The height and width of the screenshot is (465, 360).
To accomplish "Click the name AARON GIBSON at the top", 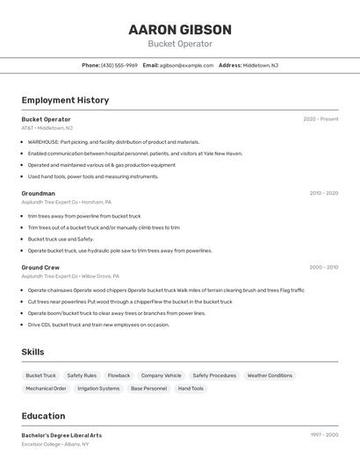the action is coord(180,29).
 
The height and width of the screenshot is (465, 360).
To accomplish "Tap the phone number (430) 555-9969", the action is coord(119,65).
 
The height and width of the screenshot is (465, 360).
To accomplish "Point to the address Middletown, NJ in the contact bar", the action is coord(260,65).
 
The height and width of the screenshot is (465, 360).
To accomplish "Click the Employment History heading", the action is coord(65,100).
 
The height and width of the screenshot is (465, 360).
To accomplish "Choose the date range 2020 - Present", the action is coord(320,119).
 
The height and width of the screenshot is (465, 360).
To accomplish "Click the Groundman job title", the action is coord(39,193).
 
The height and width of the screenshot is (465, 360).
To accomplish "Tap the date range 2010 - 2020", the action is coord(323,193).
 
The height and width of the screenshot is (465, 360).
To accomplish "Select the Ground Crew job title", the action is coord(40,267).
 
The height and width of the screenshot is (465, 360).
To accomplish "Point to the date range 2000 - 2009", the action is coord(323,267).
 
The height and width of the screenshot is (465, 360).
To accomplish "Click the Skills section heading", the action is coord(32,352).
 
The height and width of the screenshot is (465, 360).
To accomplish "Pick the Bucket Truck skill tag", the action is coord(40,376).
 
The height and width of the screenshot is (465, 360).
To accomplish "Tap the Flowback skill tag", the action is coord(119,376).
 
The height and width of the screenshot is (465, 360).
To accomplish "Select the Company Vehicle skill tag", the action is coord(161,376).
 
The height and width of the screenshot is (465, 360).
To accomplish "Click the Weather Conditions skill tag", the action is coord(270,376).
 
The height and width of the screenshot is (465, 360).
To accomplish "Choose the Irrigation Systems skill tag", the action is coord(98,389).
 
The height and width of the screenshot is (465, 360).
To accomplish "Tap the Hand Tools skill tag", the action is coord(191,389).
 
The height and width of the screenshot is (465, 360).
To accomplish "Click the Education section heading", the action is coord(43,416).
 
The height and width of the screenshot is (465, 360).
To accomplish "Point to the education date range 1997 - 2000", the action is coord(324,435).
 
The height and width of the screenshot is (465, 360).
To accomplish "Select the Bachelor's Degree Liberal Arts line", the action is coord(61,435).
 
